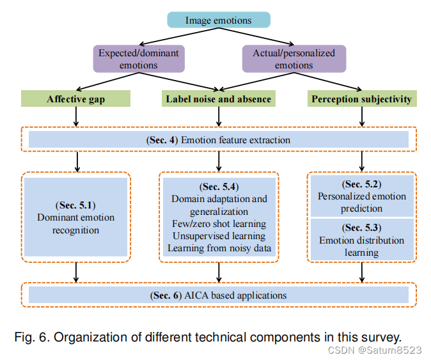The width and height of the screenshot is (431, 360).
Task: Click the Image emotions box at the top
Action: [x=218, y=20]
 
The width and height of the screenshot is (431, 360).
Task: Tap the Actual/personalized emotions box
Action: [x=294, y=59]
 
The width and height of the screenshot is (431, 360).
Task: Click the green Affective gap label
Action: [x=75, y=98]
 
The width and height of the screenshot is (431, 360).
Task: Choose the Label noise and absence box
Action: [x=219, y=98]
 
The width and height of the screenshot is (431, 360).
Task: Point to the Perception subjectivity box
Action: [x=361, y=98]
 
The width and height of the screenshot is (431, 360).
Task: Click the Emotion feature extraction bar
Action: [x=218, y=139]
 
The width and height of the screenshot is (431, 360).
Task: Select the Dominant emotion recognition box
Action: [x=76, y=218]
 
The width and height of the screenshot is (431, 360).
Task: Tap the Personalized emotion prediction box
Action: [x=362, y=196]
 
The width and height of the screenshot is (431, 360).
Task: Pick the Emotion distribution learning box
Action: [x=362, y=240]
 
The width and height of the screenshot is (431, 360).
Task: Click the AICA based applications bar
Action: [x=218, y=295]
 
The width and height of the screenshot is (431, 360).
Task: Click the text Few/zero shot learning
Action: [x=219, y=224]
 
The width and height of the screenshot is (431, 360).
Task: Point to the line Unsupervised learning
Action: [x=219, y=235]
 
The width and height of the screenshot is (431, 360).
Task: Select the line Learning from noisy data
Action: [x=219, y=247]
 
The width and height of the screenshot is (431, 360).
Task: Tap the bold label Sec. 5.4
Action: [x=219, y=187]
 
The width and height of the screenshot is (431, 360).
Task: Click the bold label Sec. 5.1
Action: [x=76, y=205]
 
